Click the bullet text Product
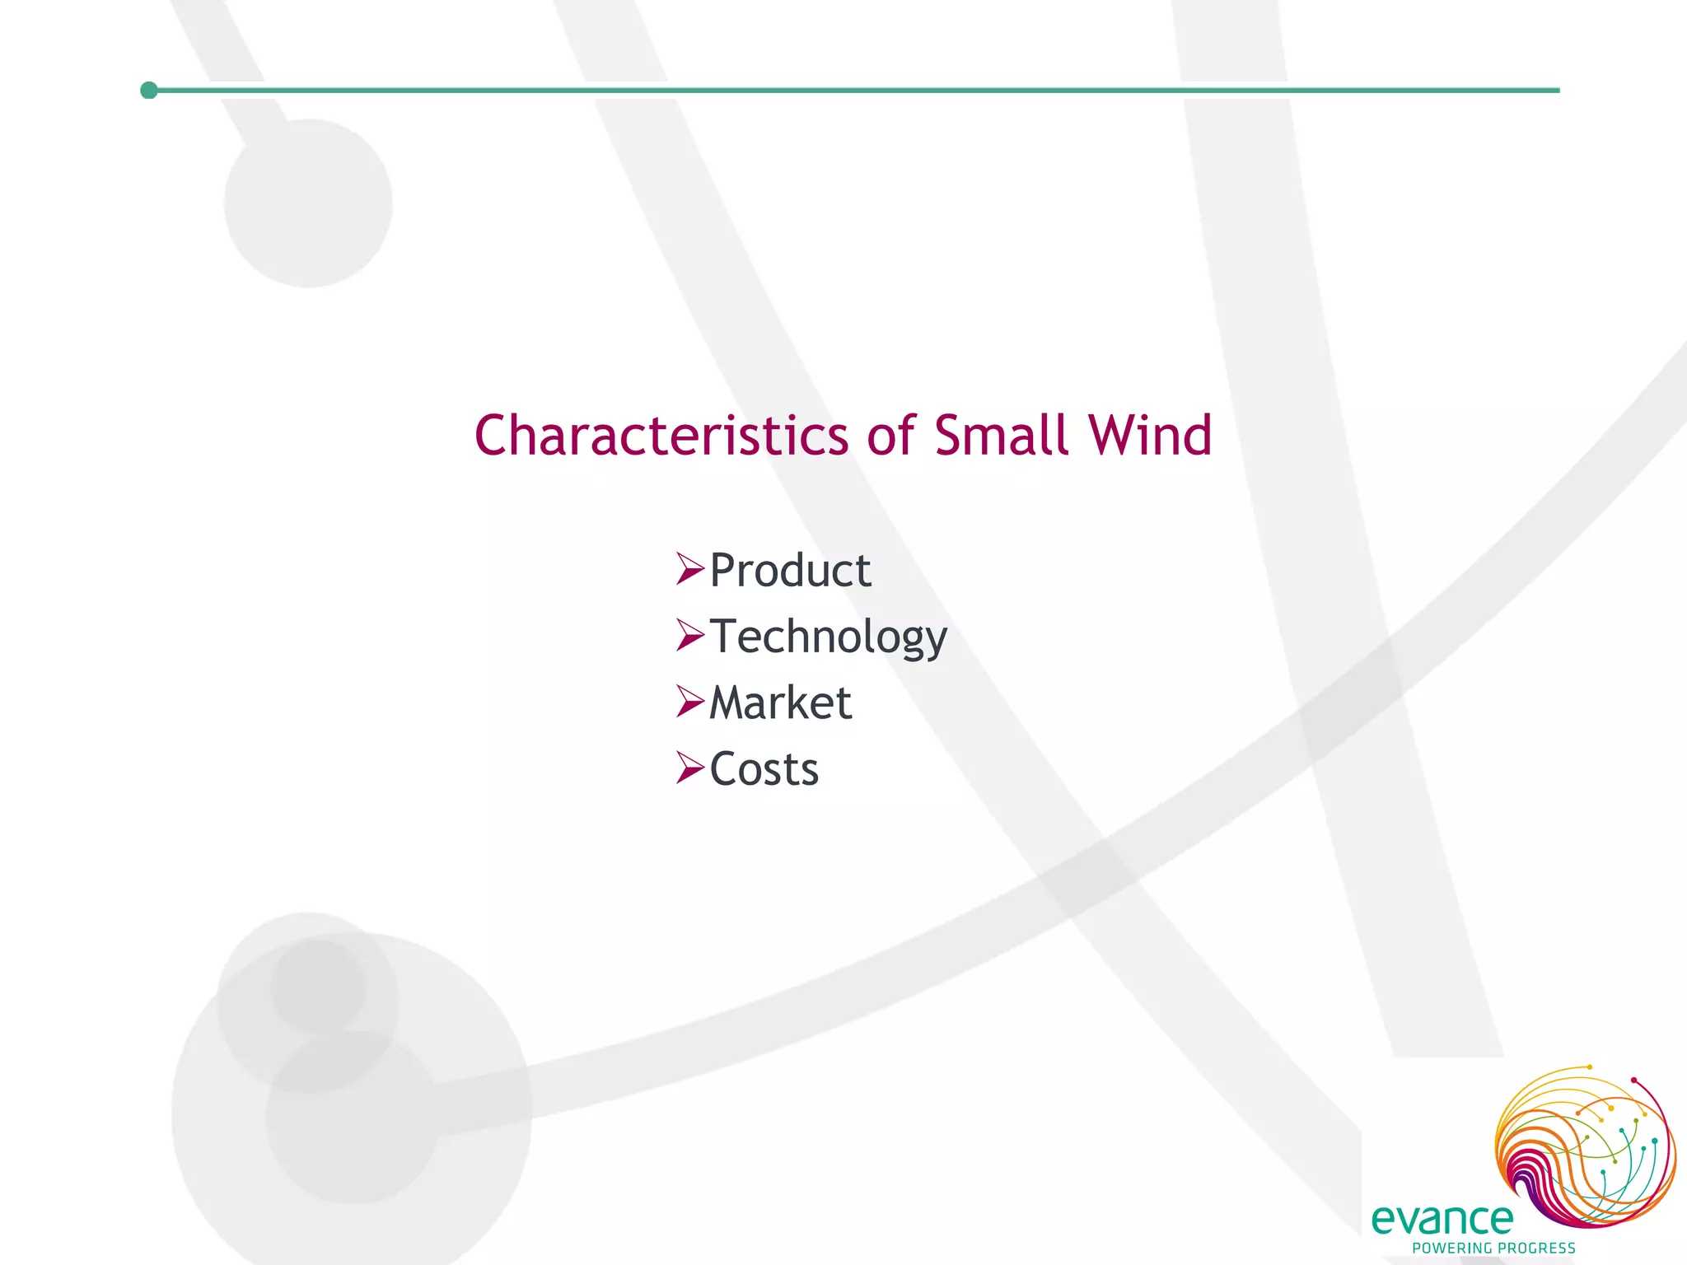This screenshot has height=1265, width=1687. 790,570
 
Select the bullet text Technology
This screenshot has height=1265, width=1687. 828,637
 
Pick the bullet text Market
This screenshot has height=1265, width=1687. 780,703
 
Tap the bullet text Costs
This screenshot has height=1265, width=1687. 764,769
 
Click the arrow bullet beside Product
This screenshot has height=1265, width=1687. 689,568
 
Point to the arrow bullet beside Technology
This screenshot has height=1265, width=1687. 689,635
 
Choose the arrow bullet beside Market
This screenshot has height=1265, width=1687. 689,701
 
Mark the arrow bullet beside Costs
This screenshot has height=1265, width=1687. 689,768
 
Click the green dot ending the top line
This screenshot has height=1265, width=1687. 149,90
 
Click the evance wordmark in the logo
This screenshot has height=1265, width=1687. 1442,1220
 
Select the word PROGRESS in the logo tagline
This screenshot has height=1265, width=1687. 1536,1249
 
